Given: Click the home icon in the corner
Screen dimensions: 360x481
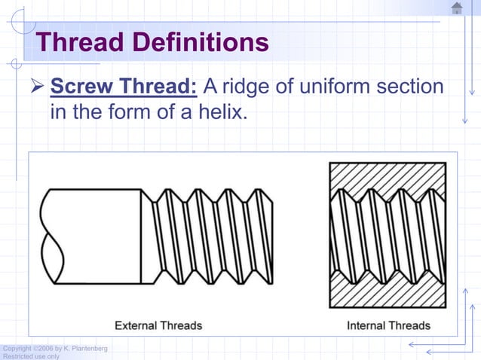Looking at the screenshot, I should [x=457, y=8].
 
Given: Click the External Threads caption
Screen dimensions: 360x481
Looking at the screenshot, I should [x=158, y=325].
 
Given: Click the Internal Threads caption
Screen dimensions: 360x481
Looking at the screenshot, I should [x=388, y=325].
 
